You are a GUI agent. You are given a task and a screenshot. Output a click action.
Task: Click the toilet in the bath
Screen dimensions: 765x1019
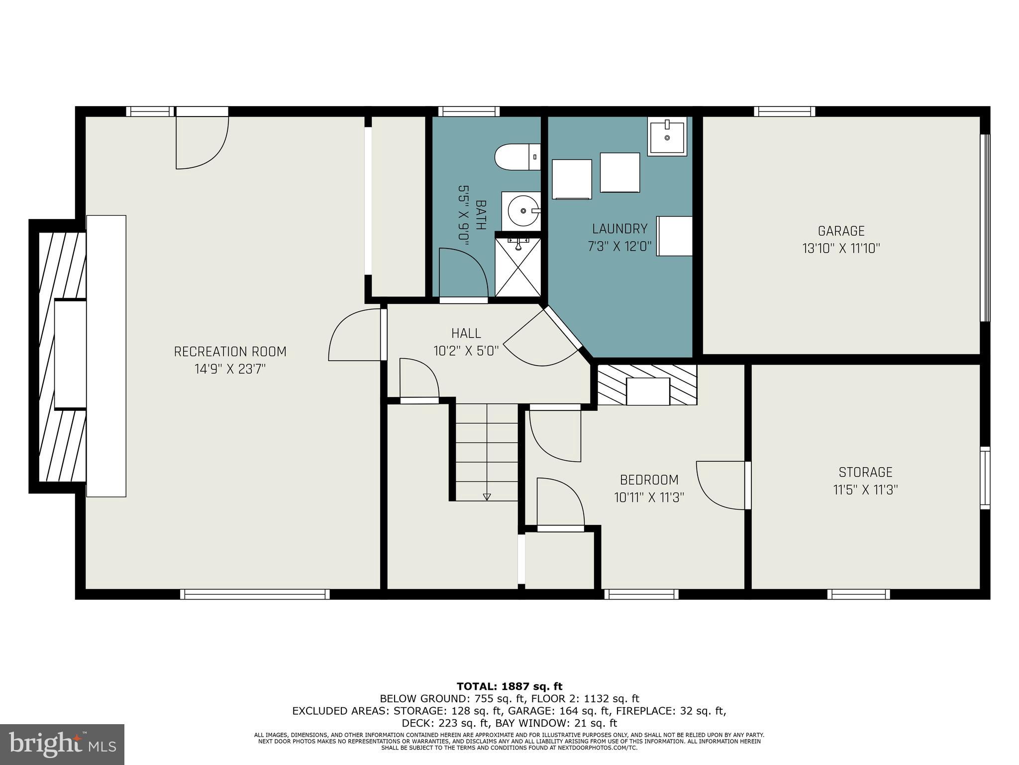517,157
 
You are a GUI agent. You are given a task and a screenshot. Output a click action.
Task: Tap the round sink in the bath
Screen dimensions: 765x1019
520,211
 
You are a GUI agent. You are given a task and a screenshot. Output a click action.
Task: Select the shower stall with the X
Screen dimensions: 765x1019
518,267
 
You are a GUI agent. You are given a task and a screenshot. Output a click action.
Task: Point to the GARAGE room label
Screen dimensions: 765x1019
841,231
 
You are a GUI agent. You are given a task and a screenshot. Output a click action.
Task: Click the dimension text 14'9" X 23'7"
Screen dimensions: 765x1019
230,369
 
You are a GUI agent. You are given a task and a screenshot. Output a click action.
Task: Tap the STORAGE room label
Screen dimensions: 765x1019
865,472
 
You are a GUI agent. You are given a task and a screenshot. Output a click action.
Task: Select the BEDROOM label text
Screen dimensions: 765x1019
649,480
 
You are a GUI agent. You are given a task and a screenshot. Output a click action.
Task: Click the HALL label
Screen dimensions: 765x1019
466,333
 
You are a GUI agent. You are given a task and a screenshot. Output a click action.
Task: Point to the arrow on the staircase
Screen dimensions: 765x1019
487,496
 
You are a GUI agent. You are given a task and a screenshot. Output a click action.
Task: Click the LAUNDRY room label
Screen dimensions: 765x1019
619,229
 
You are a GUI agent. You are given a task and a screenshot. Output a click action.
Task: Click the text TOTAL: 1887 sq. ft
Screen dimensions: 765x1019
509,687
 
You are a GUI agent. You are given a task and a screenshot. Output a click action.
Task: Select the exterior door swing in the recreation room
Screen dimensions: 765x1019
202,142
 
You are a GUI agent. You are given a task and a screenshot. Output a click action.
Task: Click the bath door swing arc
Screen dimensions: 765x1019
465,271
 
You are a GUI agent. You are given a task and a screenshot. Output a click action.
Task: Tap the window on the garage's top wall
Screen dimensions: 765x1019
784,112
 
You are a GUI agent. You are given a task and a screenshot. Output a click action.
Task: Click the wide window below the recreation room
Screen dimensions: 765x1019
255,594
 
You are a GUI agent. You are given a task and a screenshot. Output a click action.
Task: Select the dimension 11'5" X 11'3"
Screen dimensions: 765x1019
865,490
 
